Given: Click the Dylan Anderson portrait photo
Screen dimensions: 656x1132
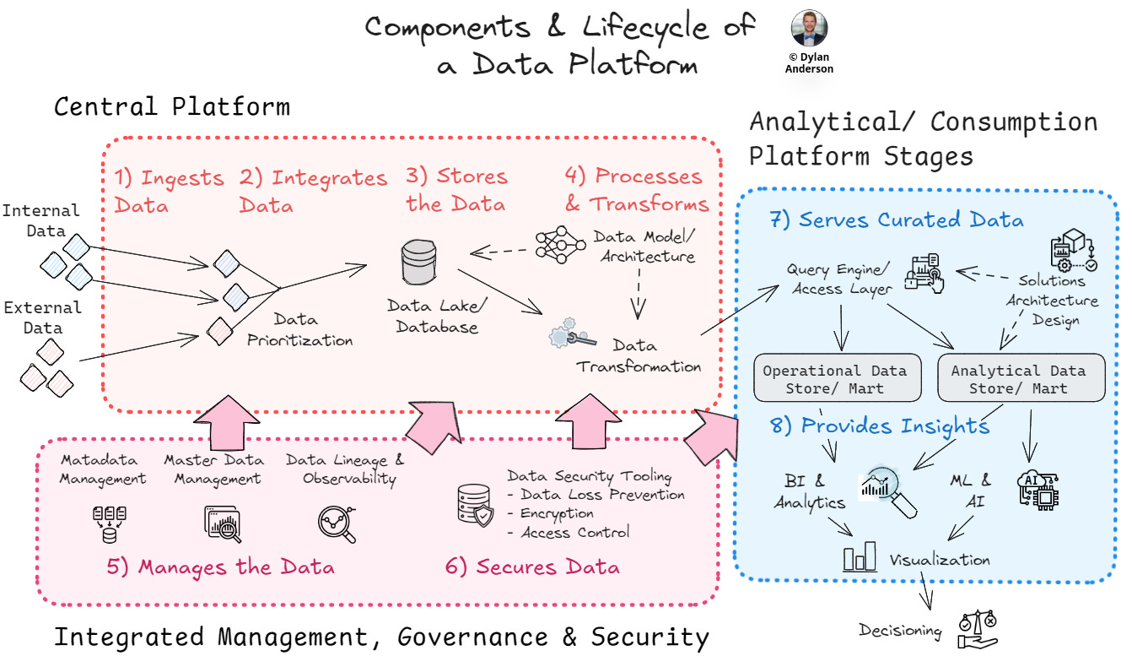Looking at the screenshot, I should (809, 29).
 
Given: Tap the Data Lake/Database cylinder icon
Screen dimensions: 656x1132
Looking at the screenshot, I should (422, 263).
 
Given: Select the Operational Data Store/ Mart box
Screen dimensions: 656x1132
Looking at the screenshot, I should (835, 379).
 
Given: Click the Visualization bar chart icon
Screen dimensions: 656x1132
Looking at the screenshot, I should (860, 558).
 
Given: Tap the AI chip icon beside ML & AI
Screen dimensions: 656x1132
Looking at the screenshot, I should (1038, 489).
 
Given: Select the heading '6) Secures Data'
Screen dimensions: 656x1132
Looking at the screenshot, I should (532, 567).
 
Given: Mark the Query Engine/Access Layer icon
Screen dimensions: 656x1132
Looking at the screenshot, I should (924, 272).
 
